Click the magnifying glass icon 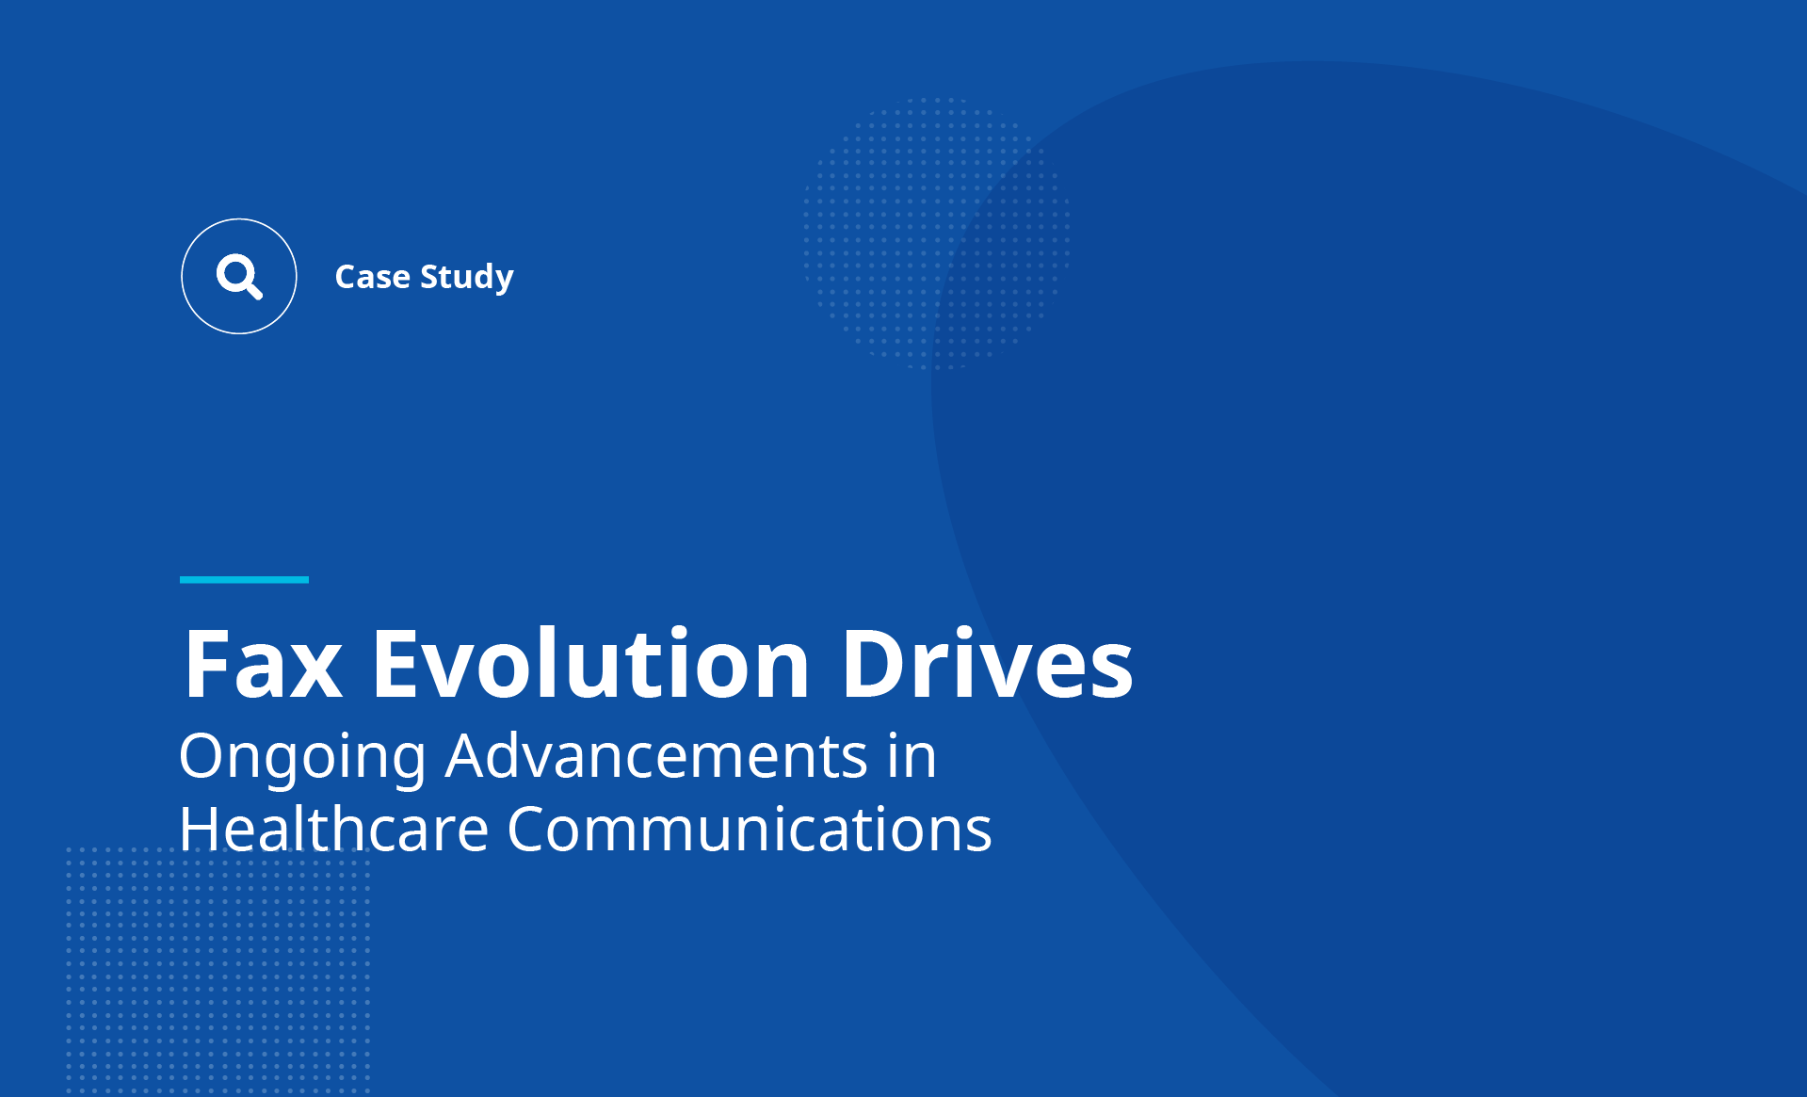coord(239,276)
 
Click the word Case coord(373,277)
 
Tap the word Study coord(467,278)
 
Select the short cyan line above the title coord(244,579)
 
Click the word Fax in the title coord(263,664)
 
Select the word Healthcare coord(333,829)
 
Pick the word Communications coord(750,829)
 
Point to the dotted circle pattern coord(936,233)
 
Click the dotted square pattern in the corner coord(218,970)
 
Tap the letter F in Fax coord(205,664)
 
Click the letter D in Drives coord(875,664)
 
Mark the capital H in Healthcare coord(200,829)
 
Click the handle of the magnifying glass coord(252,289)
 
